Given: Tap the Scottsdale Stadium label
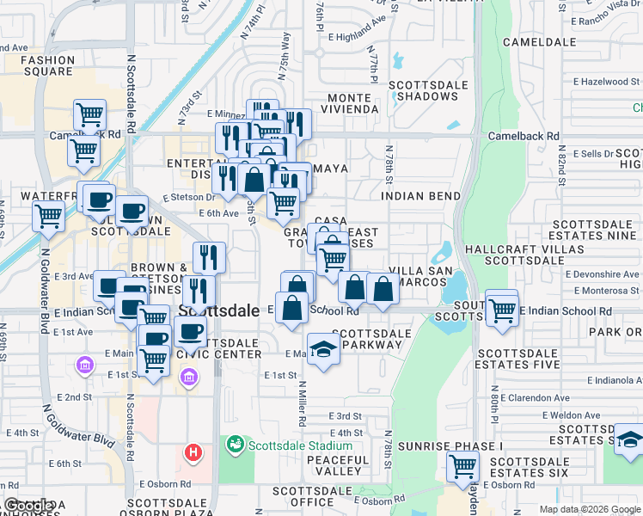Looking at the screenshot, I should [x=300, y=445].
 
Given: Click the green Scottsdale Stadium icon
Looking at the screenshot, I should [x=234, y=445].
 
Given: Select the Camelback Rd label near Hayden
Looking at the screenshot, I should [x=524, y=136].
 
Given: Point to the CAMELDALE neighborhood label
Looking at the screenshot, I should [x=539, y=41].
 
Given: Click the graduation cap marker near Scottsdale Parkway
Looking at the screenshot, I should [x=323, y=349].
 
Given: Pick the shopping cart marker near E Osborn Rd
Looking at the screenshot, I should [x=462, y=467].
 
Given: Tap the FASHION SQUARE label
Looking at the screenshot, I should [x=47, y=66].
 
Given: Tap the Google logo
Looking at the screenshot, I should [x=28, y=506].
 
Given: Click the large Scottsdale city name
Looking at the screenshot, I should [x=219, y=311].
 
